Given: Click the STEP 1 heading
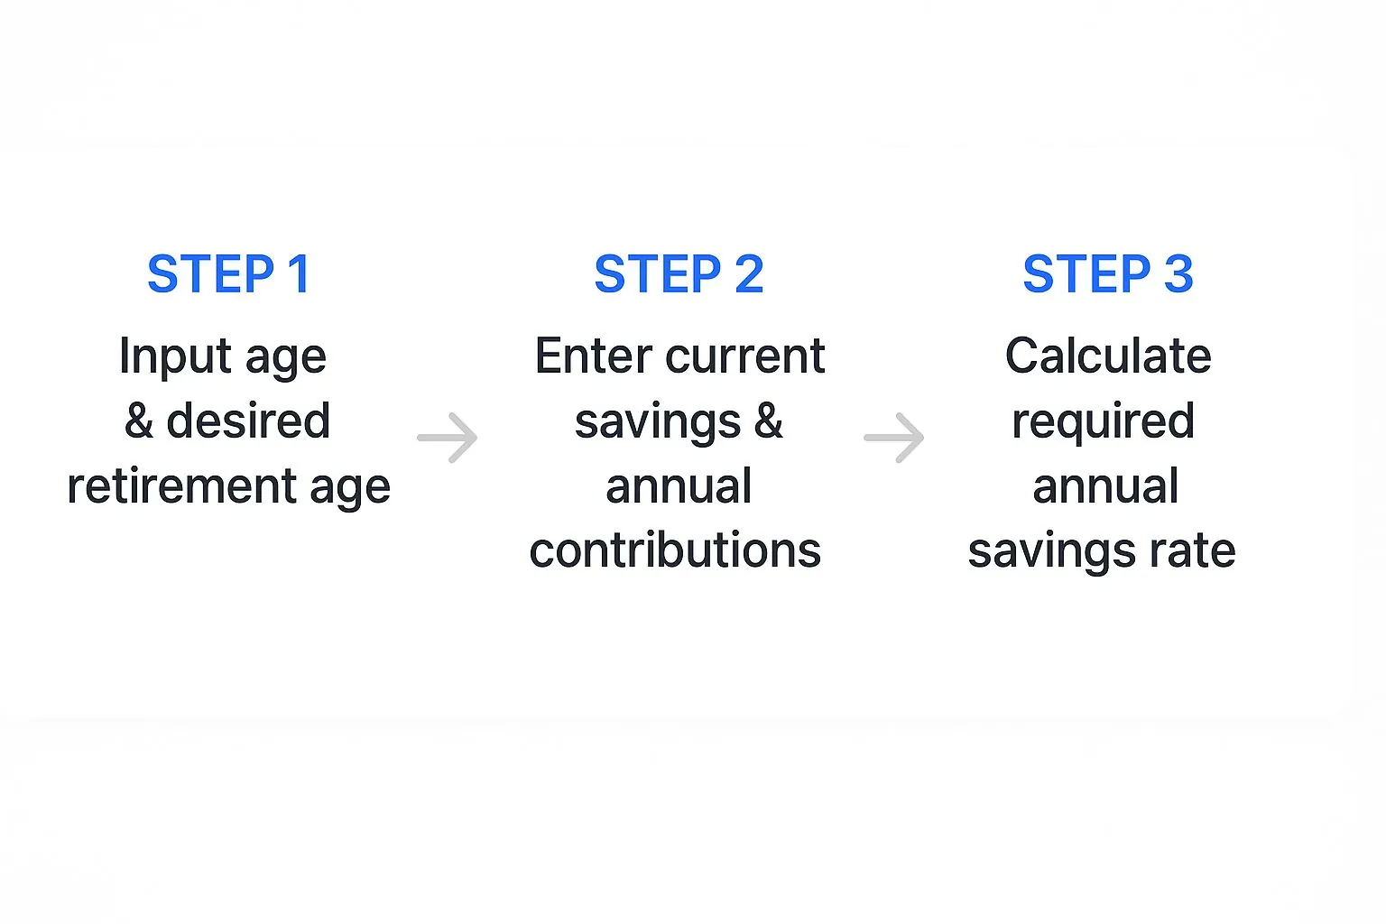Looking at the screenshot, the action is (x=229, y=274).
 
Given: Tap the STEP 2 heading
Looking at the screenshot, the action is (x=679, y=274).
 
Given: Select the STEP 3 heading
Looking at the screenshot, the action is (x=1107, y=274).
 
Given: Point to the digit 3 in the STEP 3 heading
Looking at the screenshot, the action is (x=1178, y=274).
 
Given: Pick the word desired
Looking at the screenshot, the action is (x=248, y=420).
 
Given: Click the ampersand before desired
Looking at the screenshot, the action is (x=139, y=421).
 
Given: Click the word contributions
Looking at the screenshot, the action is (x=675, y=550).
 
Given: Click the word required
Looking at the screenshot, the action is (x=1104, y=421).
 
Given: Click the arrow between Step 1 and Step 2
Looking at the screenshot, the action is (x=448, y=438).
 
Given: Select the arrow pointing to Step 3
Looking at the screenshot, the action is (x=894, y=438).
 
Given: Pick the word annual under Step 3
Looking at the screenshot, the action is (x=1105, y=486).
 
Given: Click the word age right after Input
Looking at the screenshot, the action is (x=286, y=359).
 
